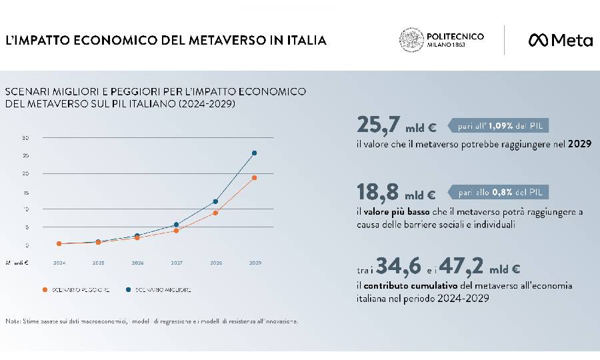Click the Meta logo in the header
coord(560,40)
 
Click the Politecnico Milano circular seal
coord(411,40)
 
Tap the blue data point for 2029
coord(254,153)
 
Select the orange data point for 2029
coord(254,178)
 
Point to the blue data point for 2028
coord(215,201)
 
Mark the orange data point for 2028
coord(215,213)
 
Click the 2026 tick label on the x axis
coord(137,263)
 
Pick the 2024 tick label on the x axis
coord(59,263)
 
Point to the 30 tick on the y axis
coord(25,138)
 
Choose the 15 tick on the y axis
coord(25,192)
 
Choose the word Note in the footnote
coord(12,321)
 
